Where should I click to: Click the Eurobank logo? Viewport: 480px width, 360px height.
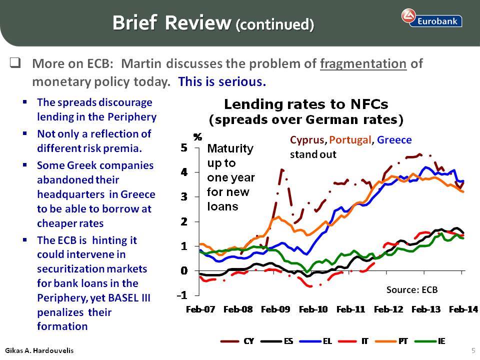pyautogui.click(x=431, y=18)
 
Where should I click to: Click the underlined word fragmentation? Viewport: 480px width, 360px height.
pyautogui.click(x=363, y=64)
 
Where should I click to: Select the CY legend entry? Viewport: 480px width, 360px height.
pyautogui.click(x=237, y=341)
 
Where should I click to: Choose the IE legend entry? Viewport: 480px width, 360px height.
pyautogui.click(x=430, y=341)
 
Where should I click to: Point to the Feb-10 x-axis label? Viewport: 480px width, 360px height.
pyautogui.click(x=313, y=309)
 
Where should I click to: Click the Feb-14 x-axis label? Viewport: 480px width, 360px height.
pyautogui.click(x=463, y=309)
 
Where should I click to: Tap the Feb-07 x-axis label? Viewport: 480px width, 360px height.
pyautogui.click(x=200, y=309)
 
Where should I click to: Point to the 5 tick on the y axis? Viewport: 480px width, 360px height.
pyautogui.click(x=183, y=148)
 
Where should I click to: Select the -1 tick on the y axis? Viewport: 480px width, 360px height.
pyautogui.click(x=182, y=295)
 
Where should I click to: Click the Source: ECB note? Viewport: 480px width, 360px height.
pyautogui.click(x=411, y=289)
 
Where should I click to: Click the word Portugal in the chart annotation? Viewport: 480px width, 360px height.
pyautogui.click(x=350, y=140)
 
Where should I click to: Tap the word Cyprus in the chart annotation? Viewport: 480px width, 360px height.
pyautogui.click(x=307, y=140)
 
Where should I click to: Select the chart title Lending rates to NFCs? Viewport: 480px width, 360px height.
pyautogui.click(x=306, y=104)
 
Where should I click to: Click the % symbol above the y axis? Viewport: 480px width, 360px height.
pyautogui.click(x=198, y=137)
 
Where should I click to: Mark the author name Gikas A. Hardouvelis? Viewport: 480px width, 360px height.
pyautogui.click(x=39, y=350)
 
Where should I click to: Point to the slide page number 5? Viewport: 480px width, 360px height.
pyautogui.click(x=473, y=350)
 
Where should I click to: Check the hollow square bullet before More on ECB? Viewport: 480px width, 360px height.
pyautogui.click(x=15, y=63)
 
